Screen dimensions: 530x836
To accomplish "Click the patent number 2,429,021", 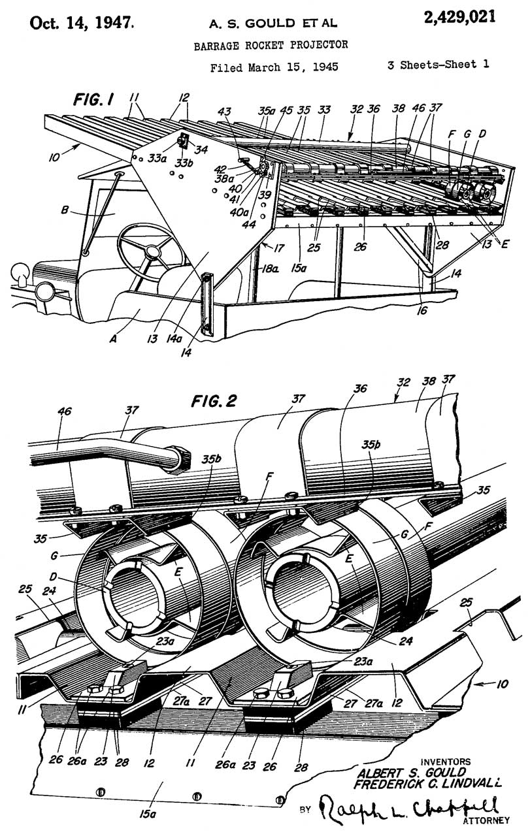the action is [x=459, y=17].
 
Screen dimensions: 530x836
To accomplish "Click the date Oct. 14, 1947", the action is [x=82, y=23].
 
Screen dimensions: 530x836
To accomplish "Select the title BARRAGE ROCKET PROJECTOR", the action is [x=271, y=45].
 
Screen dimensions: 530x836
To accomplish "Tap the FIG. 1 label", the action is [x=93, y=99].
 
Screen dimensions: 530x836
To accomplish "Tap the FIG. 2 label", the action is [x=214, y=401].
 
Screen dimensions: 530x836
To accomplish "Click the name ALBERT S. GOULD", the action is [x=412, y=772].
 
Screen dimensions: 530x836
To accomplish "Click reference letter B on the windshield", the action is [x=65, y=210].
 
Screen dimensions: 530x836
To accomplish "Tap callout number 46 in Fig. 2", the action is [x=64, y=411].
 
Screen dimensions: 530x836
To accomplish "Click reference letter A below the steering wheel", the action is [x=113, y=339].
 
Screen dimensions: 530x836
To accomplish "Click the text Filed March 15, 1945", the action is [x=274, y=67].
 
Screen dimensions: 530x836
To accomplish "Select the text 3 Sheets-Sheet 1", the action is [x=438, y=65].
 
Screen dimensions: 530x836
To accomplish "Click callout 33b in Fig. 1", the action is [x=184, y=163].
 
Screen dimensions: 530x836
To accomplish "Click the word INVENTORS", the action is [x=445, y=762].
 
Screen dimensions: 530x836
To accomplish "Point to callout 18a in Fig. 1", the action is [x=268, y=268].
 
